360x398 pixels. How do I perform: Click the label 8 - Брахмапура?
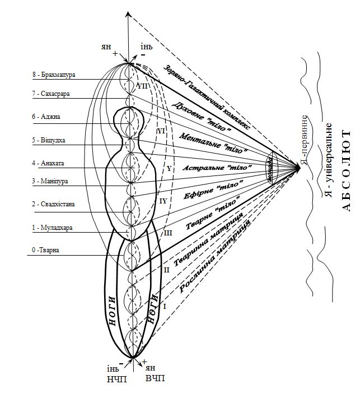pyautogui.click(x=54, y=74)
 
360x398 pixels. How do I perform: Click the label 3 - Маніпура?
pyautogui.click(x=52, y=181)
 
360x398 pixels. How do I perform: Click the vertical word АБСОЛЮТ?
pyautogui.click(x=346, y=170)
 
